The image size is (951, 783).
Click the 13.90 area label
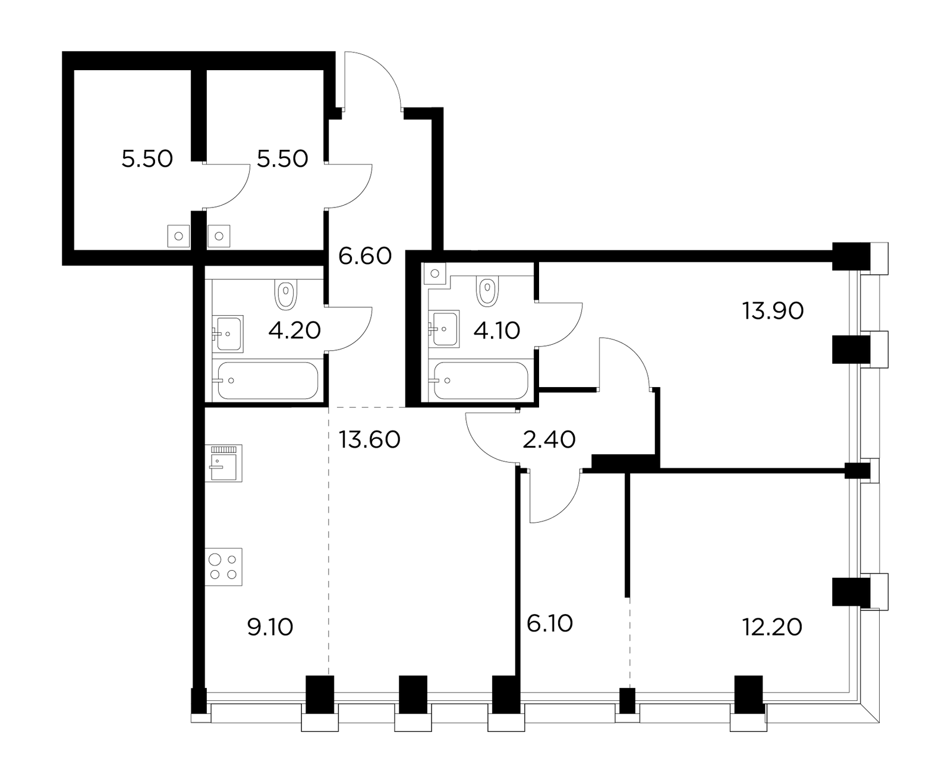pos(773,311)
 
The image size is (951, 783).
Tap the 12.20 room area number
pos(773,627)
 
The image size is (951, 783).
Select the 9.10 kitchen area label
pos(270,627)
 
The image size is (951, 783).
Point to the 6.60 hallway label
pos(365,256)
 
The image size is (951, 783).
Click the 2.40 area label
pos(549,440)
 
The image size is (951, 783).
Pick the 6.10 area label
pos(549,624)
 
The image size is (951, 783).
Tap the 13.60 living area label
pos(369,440)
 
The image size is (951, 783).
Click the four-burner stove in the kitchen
pos(223,567)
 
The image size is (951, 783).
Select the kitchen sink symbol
pos(223,463)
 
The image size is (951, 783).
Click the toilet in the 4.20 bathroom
pos(285,295)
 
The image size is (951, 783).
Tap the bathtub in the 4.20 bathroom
pos(268,381)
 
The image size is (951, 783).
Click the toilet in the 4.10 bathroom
pos(487,291)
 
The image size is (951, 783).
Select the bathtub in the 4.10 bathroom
pos(481,381)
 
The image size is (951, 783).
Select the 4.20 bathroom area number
pos(294,331)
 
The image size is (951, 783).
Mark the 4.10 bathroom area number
pos(497,331)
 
